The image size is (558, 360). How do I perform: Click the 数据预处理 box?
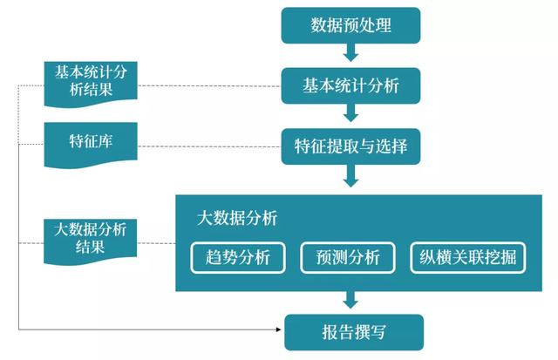[x=350, y=25]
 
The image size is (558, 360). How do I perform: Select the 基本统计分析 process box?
[x=350, y=85]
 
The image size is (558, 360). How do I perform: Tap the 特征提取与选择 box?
[x=350, y=146]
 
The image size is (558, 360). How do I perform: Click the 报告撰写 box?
[x=354, y=332]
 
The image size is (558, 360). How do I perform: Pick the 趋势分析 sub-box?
[x=238, y=257]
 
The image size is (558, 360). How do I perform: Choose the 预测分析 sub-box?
[x=348, y=257]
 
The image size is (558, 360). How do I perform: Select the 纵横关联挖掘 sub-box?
[x=468, y=257]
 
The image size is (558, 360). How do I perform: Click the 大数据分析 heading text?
[x=237, y=218]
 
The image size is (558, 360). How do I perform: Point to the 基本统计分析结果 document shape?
[x=91, y=84]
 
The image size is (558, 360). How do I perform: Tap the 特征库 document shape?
[x=91, y=144]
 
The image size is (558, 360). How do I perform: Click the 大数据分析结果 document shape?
[x=91, y=241]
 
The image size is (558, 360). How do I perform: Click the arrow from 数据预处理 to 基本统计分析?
[x=350, y=52]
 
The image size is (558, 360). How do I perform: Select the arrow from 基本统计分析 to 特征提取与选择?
[x=350, y=112]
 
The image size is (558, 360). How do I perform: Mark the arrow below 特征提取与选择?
[x=350, y=176]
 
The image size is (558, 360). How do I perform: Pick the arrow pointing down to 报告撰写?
[x=350, y=300]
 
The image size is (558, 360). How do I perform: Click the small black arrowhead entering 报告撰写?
[x=279, y=329]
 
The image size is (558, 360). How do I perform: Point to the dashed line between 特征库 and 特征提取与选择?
[x=209, y=146]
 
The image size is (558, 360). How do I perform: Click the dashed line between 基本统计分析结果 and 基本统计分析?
[x=209, y=85]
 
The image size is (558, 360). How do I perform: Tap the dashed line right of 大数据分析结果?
[x=156, y=243]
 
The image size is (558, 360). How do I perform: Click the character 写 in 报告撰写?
[x=378, y=332]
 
